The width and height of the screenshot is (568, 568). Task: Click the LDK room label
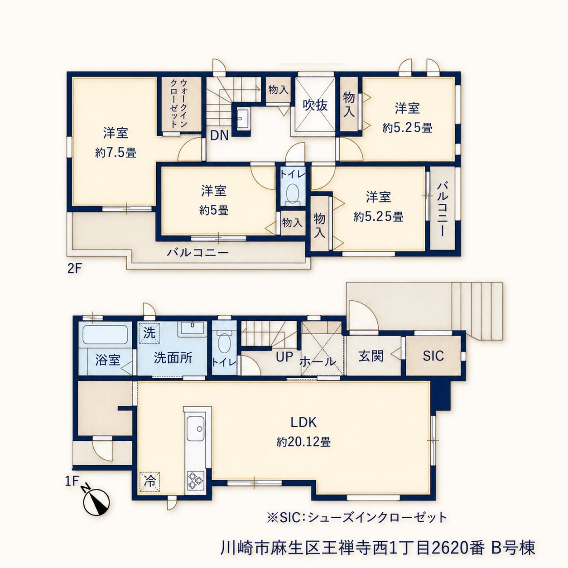303,423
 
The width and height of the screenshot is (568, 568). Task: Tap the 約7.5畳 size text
116,153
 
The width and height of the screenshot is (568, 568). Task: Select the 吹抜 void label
315,105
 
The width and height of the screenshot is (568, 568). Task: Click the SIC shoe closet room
433,356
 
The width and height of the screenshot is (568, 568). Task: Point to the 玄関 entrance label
371,356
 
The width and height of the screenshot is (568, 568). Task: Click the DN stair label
219,136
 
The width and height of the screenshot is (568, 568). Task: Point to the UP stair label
284,356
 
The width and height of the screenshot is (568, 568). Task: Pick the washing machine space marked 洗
150,333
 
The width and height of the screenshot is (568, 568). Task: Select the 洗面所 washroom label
173,357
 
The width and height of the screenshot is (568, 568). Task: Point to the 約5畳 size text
214,211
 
